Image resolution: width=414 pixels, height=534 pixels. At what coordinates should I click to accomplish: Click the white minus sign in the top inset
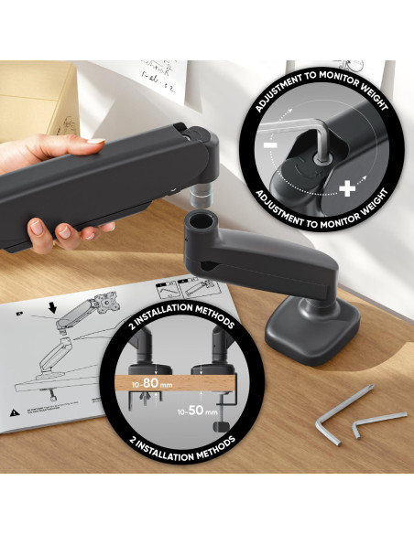click(x=269, y=147)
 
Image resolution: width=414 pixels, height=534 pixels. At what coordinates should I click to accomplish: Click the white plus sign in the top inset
click(x=348, y=189)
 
